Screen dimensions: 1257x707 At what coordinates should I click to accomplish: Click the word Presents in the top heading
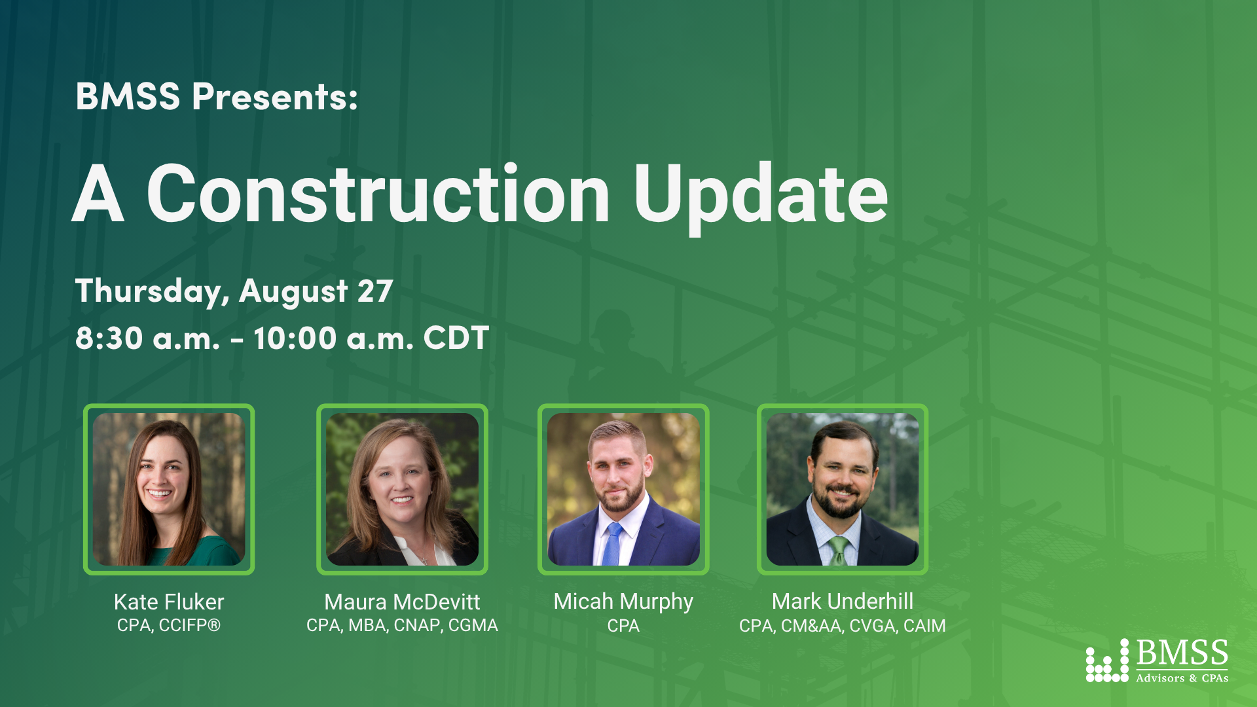[x=274, y=96]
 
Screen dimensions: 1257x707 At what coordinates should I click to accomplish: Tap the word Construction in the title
[x=378, y=194]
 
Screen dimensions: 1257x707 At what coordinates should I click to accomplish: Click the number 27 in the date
[x=375, y=291]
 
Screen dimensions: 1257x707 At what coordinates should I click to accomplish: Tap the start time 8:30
[x=109, y=338]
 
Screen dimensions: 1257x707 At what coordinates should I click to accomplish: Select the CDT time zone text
[x=456, y=338]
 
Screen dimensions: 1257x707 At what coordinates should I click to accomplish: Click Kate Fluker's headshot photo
[x=169, y=489]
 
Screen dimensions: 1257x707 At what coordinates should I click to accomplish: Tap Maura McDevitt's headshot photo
[x=402, y=489]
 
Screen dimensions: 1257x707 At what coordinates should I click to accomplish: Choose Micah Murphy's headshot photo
[x=623, y=489]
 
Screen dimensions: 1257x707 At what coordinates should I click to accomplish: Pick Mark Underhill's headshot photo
[x=843, y=489]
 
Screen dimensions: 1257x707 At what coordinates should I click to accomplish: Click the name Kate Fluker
[x=169, y=602]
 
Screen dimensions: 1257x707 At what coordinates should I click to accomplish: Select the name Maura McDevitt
[x=402, y=602]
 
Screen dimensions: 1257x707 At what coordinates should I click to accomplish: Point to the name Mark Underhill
[x=843, y=601]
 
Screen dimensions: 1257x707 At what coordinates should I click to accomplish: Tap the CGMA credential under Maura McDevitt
[x=473, y=625]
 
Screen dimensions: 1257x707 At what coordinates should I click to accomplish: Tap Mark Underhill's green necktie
[x=839, y=551]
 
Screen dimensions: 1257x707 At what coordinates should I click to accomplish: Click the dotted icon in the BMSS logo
[x=1107, y=661]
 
